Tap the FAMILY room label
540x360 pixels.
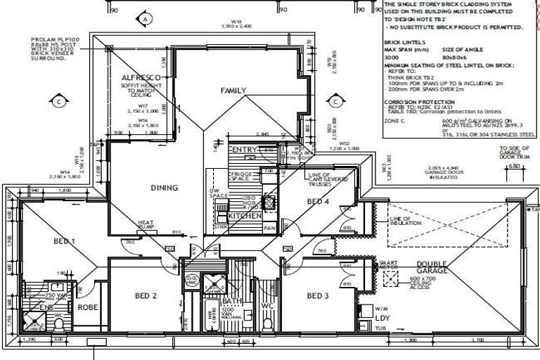(233, 91)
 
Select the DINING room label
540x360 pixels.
(164, 188)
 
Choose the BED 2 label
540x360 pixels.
(145, 295)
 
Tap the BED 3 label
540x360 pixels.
(319, 295)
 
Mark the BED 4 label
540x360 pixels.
(319, 202)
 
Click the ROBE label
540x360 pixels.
(89, 307)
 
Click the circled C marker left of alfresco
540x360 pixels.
(60, 101)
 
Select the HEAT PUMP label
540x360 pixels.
(146, 224)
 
